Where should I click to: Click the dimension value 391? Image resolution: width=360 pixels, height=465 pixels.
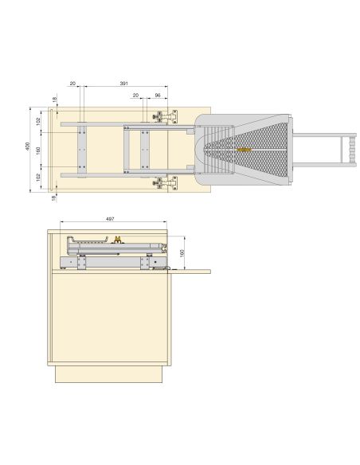point(123,84)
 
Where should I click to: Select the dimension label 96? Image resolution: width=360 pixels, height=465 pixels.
point(158,96)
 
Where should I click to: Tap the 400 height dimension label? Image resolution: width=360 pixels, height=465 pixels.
point(28,147)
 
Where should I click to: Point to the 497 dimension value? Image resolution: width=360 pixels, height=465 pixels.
point(110,219)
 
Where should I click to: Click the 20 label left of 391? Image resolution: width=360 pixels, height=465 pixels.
point(72,84)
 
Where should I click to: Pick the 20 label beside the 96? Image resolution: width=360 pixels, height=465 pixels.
point(135,96)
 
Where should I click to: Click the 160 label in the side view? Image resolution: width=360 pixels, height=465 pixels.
point(182,253)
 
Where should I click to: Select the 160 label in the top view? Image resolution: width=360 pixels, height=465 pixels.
point(38,150)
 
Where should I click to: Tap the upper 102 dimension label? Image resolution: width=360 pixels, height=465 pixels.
point(38,122)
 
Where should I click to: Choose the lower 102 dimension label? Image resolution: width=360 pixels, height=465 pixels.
point(38,178)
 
